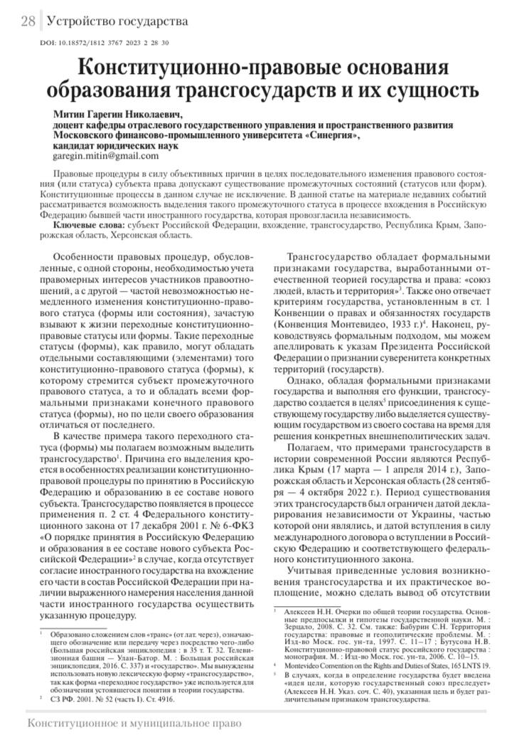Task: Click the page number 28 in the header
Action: click(x=28, y=21)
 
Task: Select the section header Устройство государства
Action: click(x=117, y=21)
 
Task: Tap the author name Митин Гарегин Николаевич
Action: click(x=118, y=114)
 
